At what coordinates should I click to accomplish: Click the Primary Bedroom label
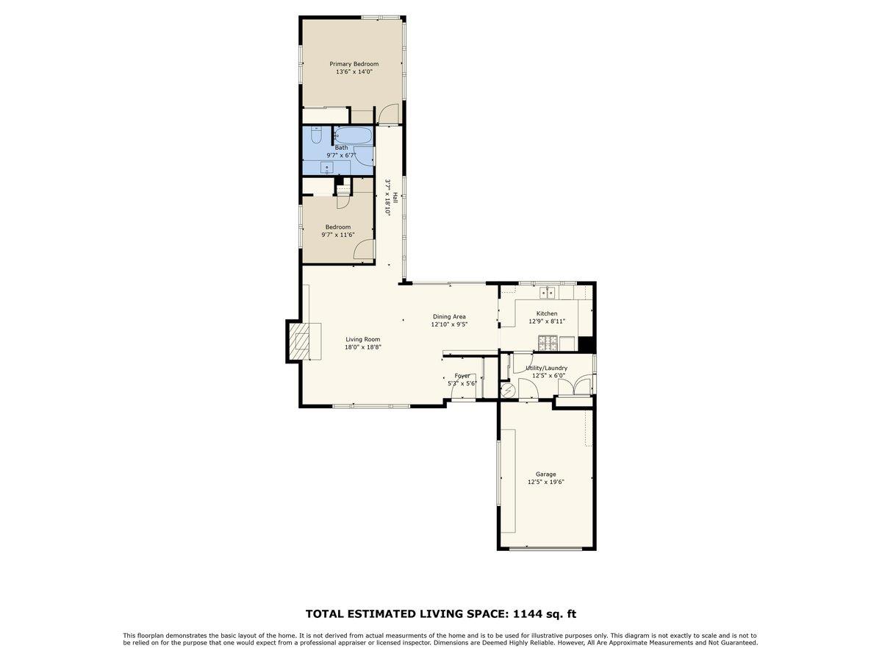pyautogui.click(x=354, y=64)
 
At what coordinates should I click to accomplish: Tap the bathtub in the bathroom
pyautogui.click(x=352, y=136)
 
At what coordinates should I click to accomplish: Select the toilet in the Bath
pyautogui.click(x=316, y=136)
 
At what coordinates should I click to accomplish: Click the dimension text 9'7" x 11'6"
pyautogui.click(x=338, y=235)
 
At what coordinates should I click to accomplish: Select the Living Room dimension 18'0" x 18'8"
pyautogui.click(x=363, y=347)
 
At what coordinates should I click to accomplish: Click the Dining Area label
pyautogui.click(x=449, y=316)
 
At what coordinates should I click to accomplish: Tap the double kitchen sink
pyautogui.click(x=547, y=293)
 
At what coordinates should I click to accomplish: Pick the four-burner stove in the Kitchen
pyautogui.click(x=547, y=342)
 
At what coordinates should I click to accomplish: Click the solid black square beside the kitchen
pyautogui.click(x=586, y=344)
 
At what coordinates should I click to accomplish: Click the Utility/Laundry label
pyautogui.click(x=546, y=368)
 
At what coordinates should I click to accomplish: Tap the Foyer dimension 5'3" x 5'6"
pyautogui.click(x=462, y=383)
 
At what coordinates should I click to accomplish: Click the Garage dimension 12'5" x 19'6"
pyautogui.click(x=545, y=483)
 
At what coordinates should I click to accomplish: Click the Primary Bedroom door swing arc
pyautogui.click(x=388, y=113)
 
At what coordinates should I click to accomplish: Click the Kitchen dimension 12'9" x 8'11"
pyautogui.click(x=546, y=321)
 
